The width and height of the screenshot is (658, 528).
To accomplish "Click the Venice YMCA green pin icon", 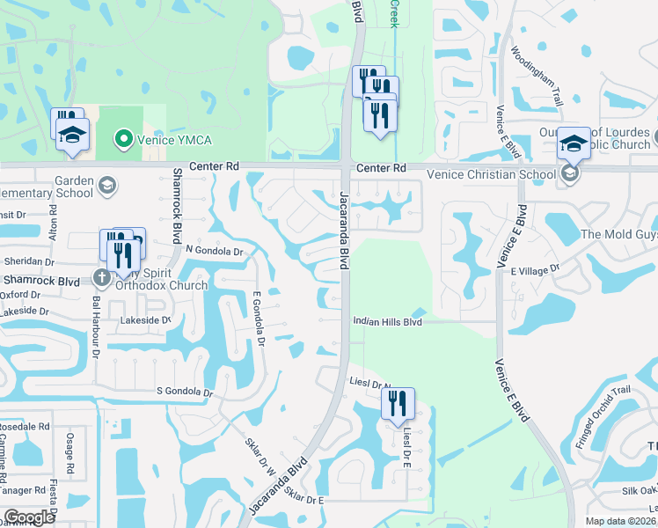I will [x=124, y=139].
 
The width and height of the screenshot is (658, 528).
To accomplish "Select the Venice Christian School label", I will [x=491, y=174].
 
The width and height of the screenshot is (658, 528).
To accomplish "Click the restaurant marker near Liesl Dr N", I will [x=398, y=404].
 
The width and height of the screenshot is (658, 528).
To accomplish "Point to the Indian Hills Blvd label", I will [x=388, y=322].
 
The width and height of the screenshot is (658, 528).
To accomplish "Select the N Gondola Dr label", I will [x=213, y=250].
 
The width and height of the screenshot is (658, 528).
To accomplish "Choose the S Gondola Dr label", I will [x=185, y=391].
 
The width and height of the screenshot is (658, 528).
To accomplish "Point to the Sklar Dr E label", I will [x=304, y=499].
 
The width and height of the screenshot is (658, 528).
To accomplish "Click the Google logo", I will [x=28, y=517].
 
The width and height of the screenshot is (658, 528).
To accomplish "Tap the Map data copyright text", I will [x=620, y=521].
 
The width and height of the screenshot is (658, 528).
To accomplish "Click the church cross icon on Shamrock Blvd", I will [x=102, y=277].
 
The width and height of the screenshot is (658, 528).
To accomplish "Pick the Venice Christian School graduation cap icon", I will [x=570, y=174].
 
